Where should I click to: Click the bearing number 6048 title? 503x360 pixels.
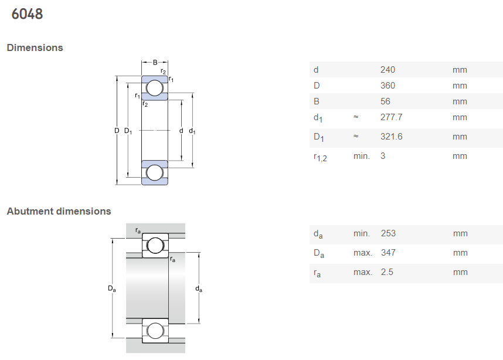point(27,14)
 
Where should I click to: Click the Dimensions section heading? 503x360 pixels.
point(35,47)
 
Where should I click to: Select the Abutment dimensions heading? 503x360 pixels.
point(59,211)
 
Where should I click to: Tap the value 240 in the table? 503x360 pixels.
point(388,70)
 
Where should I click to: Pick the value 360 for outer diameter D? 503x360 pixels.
point(388,86)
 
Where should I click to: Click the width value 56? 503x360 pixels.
point(385,101)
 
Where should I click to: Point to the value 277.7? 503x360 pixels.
point(392,117)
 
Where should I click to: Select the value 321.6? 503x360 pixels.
point(392,137)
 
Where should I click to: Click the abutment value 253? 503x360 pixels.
point(388,233)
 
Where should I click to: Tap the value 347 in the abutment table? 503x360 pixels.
point(388,253)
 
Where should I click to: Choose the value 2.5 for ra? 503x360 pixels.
point(387,272)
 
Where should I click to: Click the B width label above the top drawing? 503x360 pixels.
point(155,62)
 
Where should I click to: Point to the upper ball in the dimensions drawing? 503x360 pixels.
point(155,88)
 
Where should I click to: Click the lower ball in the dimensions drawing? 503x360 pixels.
point(155,172)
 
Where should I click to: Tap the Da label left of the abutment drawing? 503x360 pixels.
point(111,289)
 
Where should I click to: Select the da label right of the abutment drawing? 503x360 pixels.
point(199,289)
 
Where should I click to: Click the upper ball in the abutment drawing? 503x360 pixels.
point(155,246)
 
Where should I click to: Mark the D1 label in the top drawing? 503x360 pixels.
point(128,131)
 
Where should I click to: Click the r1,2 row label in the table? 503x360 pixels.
point(320,157)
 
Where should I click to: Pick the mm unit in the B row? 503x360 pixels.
point(460,101)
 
